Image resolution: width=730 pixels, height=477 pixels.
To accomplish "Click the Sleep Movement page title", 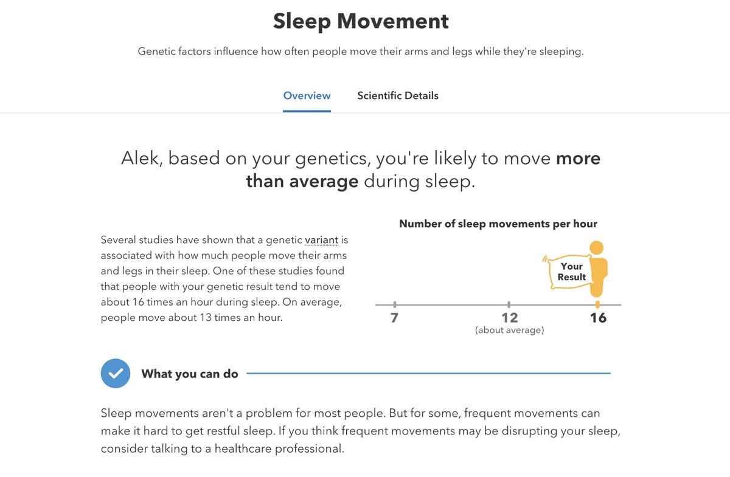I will [x=361, y=21].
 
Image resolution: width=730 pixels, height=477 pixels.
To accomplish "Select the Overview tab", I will [x=307, y=96].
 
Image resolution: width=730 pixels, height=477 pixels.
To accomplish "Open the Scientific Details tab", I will [x=398, y=96].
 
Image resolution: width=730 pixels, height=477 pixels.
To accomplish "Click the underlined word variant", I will [x=321, y=240].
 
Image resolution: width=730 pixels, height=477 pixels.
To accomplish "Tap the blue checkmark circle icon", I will [x=116, y=374].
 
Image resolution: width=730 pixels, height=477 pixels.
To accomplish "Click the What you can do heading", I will [x=190, y=374].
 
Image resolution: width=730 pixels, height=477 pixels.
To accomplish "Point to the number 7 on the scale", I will [x=394, y=318].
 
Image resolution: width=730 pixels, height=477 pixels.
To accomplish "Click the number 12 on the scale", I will [x=509, y=318].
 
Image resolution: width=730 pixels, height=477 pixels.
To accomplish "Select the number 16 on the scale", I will [x=598, y=318].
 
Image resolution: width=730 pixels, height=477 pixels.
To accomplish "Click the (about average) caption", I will [x=509, y=331].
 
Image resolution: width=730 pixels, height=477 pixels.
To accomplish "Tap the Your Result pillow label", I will [x=571, y=272].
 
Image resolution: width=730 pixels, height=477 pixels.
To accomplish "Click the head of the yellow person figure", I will [x=597, y=248].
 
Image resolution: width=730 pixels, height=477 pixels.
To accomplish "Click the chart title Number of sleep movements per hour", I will [x=498, y=224].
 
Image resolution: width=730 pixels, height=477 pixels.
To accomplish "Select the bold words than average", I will [x=302, y=182].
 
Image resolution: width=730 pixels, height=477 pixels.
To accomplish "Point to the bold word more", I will [x=578, y=159].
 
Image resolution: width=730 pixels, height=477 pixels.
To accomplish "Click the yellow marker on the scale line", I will [x=597, y=304].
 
